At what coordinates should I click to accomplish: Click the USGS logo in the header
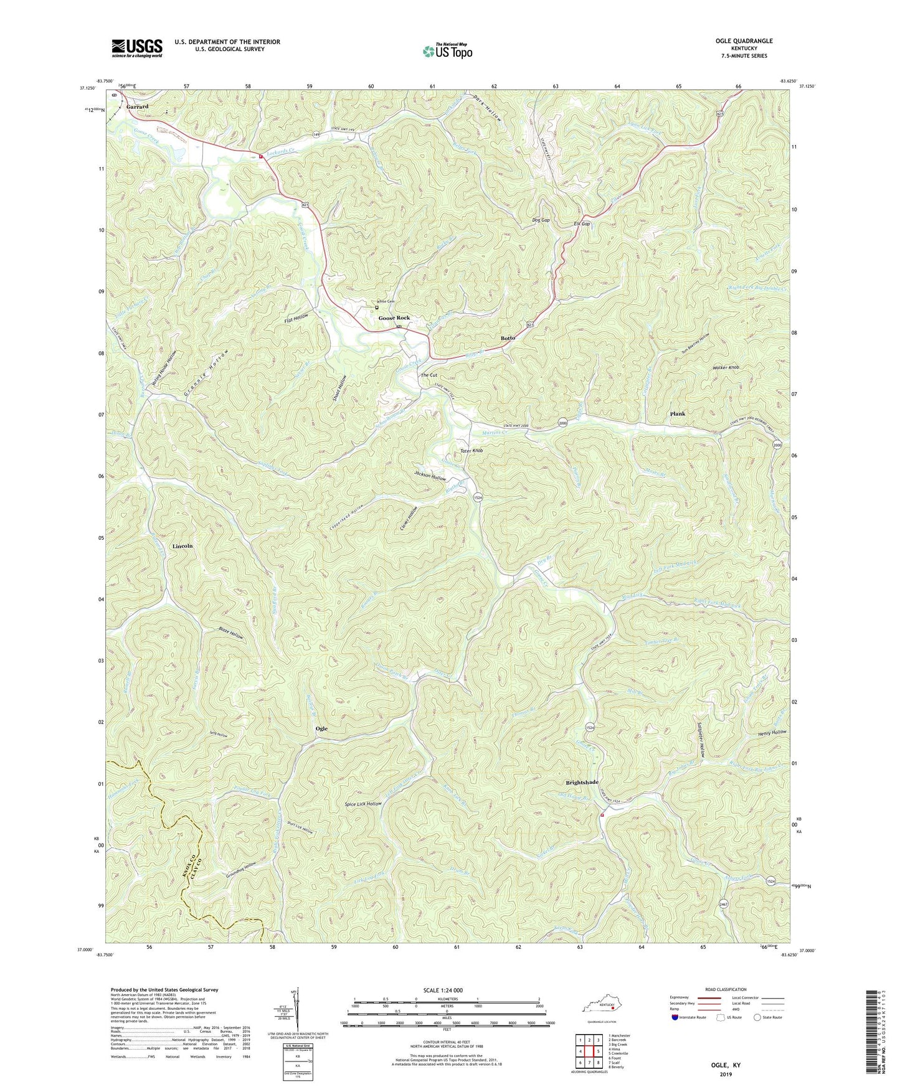coord(137,48)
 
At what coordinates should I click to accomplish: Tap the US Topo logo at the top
coord(447,51)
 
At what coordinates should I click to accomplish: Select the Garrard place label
coord(137,107)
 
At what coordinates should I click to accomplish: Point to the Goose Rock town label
coord(394,318)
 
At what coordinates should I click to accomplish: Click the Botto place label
coord(508,338)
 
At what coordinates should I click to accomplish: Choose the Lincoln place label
coord(182,546)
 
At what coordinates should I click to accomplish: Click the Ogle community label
coord(321,728)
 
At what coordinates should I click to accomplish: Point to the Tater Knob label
coord(471,450)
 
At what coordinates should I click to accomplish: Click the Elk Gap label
coord(582,224)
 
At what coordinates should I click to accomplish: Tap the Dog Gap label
coord(541,220)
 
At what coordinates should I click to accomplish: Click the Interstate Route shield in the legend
coord(676,1017)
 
